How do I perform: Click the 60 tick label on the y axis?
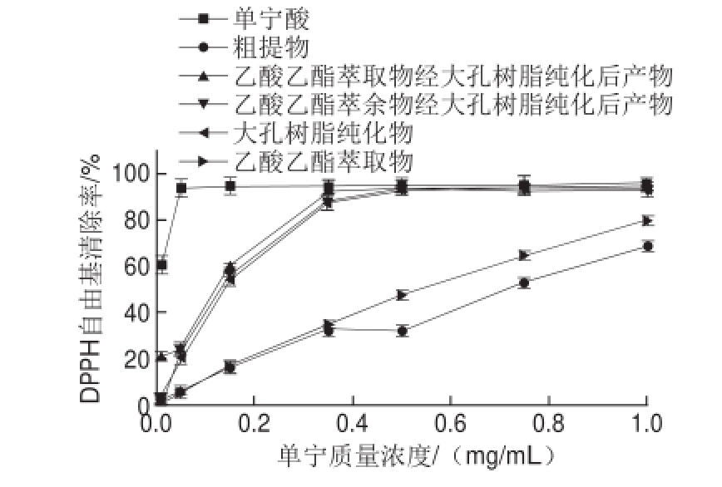(135, 266)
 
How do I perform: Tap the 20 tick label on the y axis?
(135, 359)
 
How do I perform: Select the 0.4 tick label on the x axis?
(353, 423)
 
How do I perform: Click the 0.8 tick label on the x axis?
(549, 423)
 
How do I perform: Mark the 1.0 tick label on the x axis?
(647, 423)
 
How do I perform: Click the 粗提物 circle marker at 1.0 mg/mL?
(648, 246)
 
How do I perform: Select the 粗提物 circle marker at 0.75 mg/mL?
(525, 283)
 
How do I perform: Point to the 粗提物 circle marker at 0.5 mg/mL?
(403, 331)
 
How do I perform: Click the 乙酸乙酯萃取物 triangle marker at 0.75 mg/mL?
(525, 254)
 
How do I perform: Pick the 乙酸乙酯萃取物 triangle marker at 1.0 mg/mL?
(648, 220)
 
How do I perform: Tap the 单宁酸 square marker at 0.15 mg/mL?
(230, 186)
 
